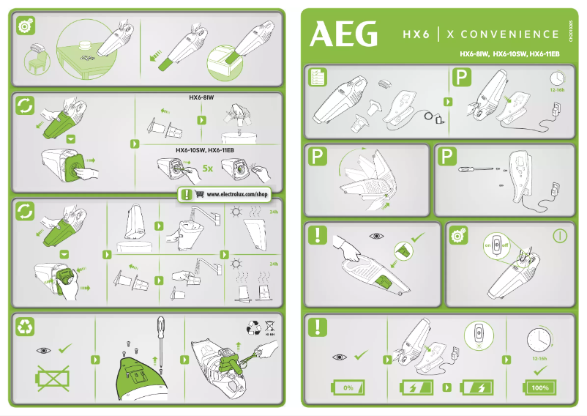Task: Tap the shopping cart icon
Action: [200, 195]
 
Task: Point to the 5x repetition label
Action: [207, 168]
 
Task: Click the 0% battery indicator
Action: [348, 387]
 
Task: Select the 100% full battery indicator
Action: [540, 387]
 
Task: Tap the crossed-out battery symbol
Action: [51, 379]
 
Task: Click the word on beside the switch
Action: [486, 245]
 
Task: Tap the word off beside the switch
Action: [505, 245]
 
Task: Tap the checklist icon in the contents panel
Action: [318, 77]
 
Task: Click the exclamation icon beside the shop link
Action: [187, 195]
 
